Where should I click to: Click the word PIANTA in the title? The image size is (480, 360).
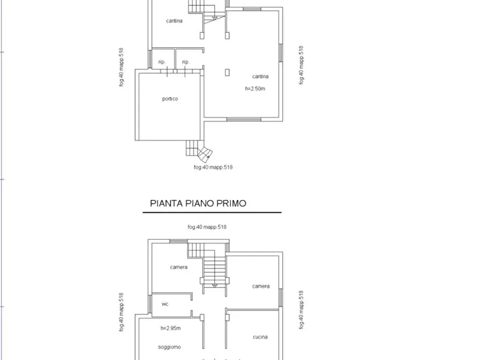pyautogui.click(x=165, y=204)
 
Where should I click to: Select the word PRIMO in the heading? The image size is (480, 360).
pyautogui.click(x=230, y=204)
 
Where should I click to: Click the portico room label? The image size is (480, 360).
pyautogui.click(x=170, y=99)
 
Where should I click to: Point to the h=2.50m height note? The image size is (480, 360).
pyautogui.click(x=255, y=89)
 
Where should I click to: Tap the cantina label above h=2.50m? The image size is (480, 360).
pyautogui.click(x=260, y=76)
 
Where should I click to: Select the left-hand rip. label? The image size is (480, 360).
pyautogui.click(x=162, y=62)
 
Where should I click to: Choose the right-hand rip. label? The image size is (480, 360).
pyautogui.click(x=185, y=62)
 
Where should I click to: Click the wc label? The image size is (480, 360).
pyautogui.click(x=165, y=304)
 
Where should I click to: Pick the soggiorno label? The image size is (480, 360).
pyautogui.click(x=170, y=347)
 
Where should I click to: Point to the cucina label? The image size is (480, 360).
pyautogui.click(x=260, y=337)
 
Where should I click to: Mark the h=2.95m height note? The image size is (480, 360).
pyautogui.click(x=170, y=328)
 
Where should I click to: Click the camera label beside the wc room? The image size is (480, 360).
pyautogui.click(x=178, y=267)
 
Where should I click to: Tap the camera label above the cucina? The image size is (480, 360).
pyautogui.click(x=261, y=286)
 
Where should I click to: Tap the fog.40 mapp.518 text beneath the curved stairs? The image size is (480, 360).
pyautogui.click(x=213, y=167)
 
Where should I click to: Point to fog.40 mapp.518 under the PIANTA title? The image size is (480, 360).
pyautogui.click(x=207, y=227)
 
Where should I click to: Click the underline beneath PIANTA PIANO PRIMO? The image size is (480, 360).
pyautogui.click(x=212, y=213)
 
